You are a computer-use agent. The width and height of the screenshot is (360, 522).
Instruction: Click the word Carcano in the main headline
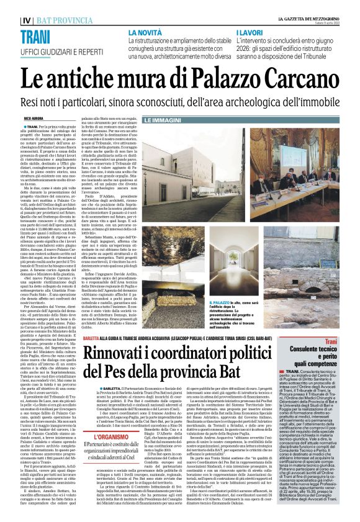299,80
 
